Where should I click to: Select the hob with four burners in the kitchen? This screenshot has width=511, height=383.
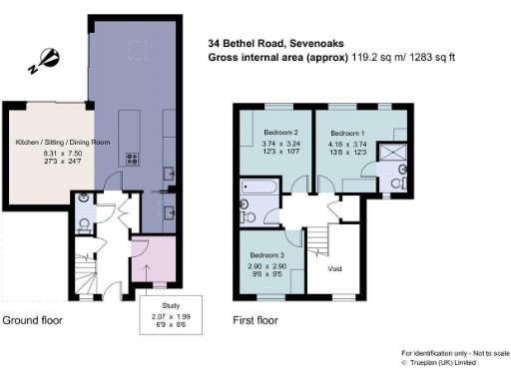pos(133,158)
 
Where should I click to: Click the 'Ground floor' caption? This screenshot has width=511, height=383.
pos(33,321)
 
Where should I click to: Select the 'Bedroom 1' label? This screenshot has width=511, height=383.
pos(348,133)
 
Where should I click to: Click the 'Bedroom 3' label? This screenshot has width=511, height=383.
pos(267,256)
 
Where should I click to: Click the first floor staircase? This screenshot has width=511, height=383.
pos(316,239)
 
